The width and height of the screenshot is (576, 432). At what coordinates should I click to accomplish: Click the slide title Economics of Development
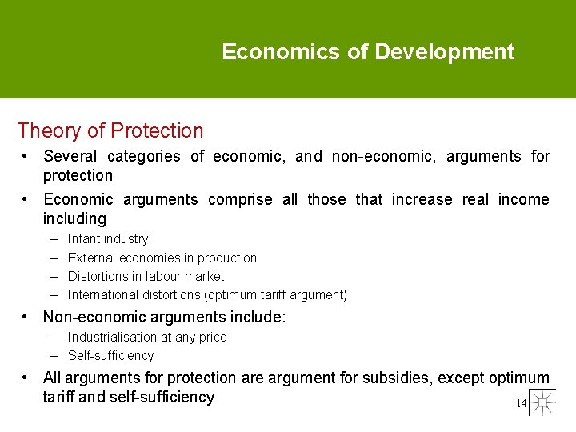[368, 53]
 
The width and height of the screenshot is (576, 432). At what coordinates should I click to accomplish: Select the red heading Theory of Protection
[110, 130]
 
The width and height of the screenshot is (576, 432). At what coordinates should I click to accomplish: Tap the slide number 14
[521, 404]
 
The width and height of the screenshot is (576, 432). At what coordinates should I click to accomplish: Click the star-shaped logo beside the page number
[542, 402]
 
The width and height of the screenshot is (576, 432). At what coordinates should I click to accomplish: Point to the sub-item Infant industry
[108, 238]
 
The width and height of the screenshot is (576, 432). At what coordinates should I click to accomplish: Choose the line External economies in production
[162, 258]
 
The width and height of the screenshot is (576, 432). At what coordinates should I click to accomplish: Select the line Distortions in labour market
[146, 276]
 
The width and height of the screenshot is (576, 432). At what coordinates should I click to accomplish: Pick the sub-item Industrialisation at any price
[147, 337]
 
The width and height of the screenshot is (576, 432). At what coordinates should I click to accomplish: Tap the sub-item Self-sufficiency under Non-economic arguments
[110, 355]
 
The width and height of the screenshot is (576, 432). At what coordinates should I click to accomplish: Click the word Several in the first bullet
[72, 157]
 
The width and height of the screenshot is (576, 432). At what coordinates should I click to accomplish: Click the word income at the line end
[523, 199]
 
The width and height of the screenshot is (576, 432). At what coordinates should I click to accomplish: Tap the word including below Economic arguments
[74, 218]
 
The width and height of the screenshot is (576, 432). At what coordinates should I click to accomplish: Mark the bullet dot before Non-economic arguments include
[26, 316]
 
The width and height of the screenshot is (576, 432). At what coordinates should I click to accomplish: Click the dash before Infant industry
[53, 238]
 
